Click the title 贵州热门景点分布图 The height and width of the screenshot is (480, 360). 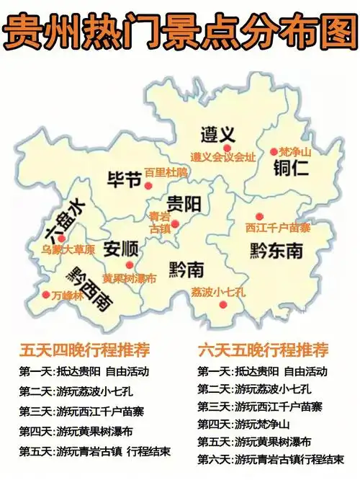[180, 30]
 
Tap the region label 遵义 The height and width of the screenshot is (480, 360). [217, 134]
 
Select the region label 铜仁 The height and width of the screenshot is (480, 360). [291, 170]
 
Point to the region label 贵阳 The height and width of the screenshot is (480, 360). [184, 203]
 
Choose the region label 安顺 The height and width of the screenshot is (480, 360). [120, 249]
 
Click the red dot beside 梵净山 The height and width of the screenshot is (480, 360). [274, 151]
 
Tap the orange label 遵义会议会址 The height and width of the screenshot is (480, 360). [222, 156]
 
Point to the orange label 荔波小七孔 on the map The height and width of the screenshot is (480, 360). [219, 293]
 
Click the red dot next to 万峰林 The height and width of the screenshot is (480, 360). [45, 295]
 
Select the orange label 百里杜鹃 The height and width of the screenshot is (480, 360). [166, 172]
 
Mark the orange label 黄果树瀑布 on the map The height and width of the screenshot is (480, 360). [129, 278]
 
